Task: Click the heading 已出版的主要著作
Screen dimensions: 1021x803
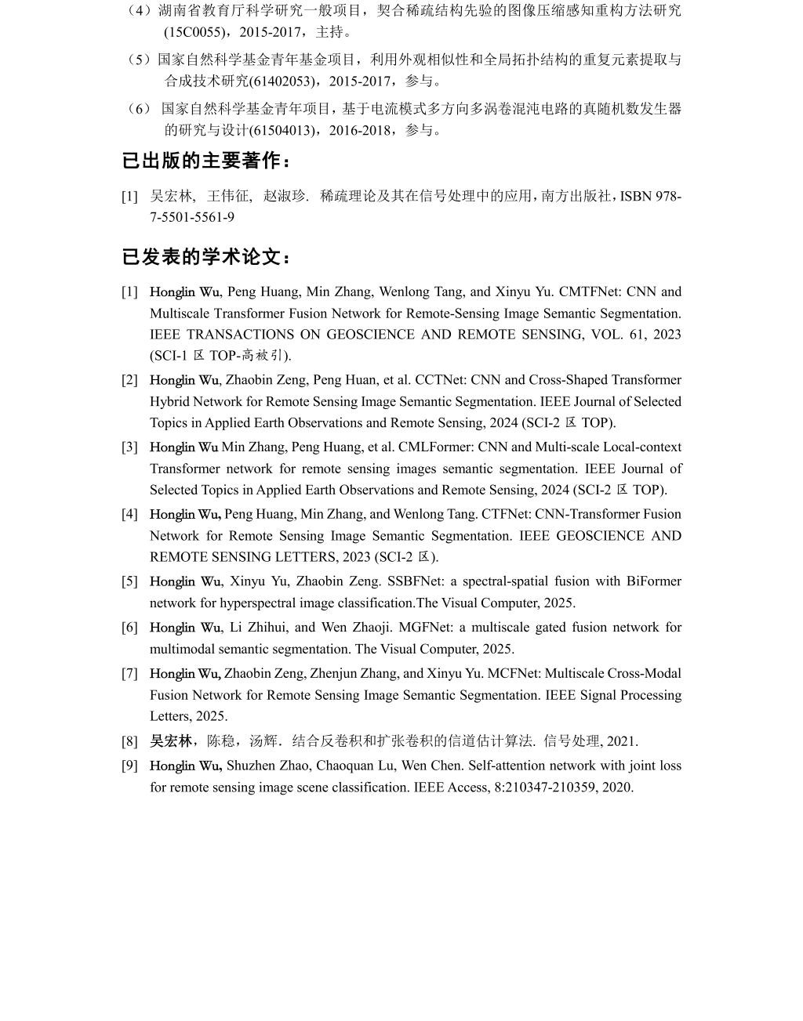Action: [x=207, y=161]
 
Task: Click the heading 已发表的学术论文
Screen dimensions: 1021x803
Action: [x=207, y=257]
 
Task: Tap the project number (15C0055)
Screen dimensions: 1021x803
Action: [x=187, y=32]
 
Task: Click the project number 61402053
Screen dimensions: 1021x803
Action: [x=285, y=81]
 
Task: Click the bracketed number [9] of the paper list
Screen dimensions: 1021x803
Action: [x=129, y=766]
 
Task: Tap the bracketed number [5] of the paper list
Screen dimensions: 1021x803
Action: [x=129, y=581]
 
